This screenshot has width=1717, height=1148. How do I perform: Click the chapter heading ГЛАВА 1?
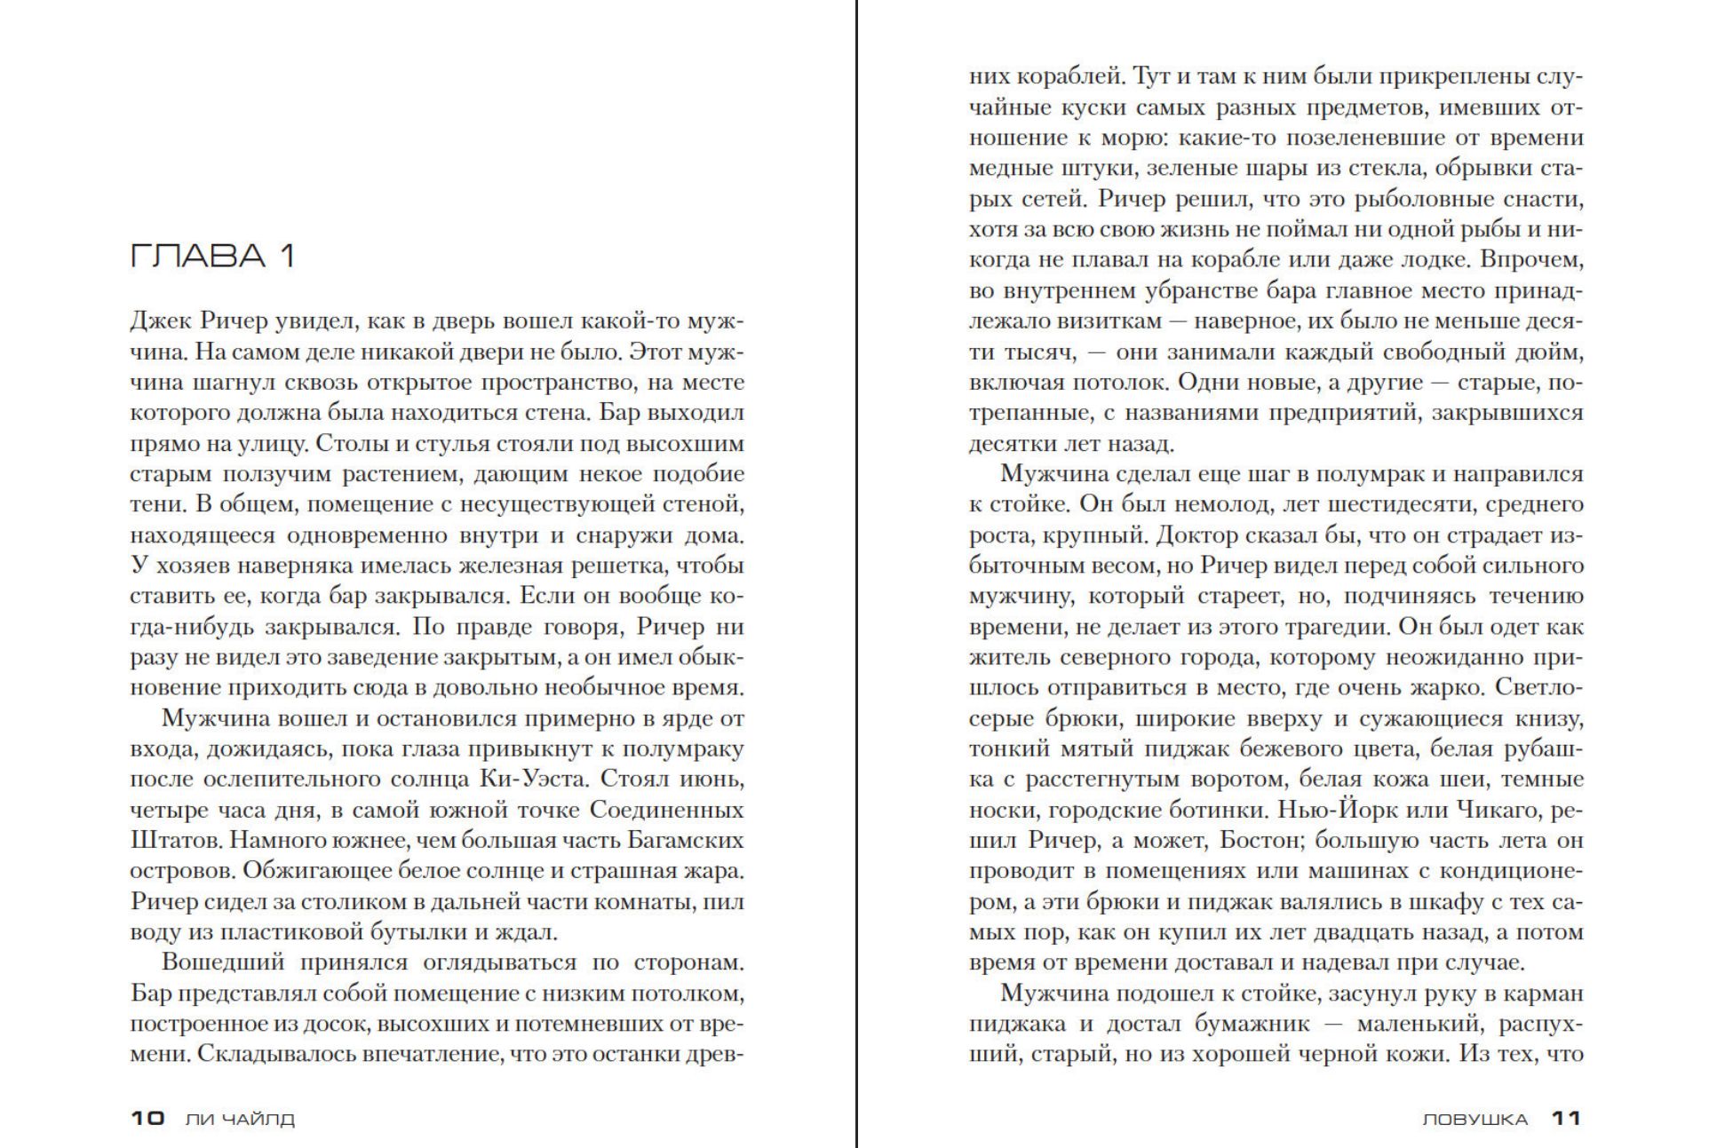[x=212, y=256]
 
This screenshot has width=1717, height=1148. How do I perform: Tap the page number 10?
[x=148, y=1118]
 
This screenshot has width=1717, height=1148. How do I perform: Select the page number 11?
[x=1567, y=1118]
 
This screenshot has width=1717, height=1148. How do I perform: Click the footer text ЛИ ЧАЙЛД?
[x=240, y=1119]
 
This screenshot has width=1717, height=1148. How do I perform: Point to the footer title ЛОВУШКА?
[x=1475, y=1119]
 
